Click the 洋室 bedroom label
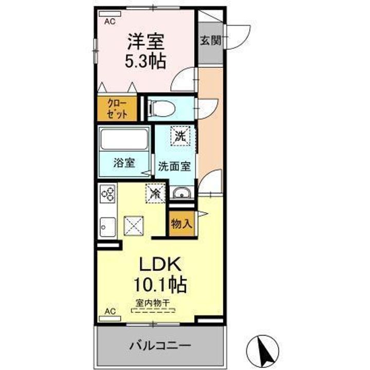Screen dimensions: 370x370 click(x=146, y=42)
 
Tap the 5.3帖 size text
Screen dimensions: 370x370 click(x=145, y=61)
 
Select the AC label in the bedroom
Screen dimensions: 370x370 click(x=110, y=22)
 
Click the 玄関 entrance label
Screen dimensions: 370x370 click(x=211, y=41)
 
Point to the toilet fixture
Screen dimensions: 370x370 click(x=161, y=108)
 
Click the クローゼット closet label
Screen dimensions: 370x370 click(x=117, y=109)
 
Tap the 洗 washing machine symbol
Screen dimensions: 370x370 click(x=180, y=136)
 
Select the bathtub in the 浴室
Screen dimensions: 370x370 click(x=124, y=139)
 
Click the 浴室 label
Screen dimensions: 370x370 click(x=124, y=163)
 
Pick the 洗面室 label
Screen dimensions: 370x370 click(x=174, y=166)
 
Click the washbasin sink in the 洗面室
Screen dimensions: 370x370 click(x=182, y=193)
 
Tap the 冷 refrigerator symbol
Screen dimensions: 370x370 click(x=155, y=193)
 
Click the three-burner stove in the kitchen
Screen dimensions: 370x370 click(x=108, y=194)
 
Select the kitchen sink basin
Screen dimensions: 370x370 click(x=108, y=227)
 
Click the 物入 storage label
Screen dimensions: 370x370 click(x=182, y=224)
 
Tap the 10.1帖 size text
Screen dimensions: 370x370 click(x=160, y=285)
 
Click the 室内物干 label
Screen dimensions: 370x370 click(x=153, y=303)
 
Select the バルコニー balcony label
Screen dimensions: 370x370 click(x=160, y=346)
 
